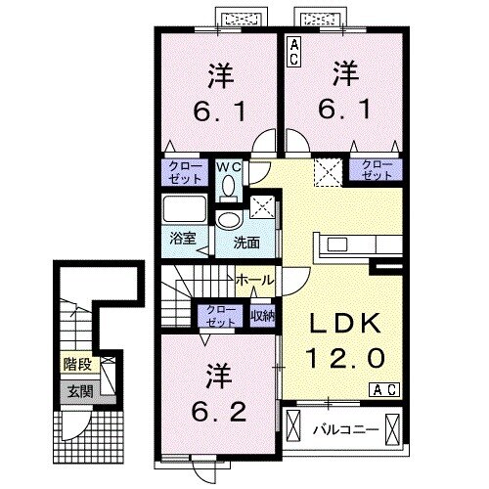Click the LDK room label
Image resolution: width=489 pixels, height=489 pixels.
345,323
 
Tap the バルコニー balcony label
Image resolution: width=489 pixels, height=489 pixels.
346,430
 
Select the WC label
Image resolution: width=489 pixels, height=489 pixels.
229,167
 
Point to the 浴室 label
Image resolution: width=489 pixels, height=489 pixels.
183,239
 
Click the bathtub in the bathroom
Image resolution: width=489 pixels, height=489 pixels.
185,209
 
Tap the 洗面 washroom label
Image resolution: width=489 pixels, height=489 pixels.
246,243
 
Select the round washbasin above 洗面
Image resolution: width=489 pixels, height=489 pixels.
229,220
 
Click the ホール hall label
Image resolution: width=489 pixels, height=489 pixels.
255,280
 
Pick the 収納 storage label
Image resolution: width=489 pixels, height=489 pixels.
263,315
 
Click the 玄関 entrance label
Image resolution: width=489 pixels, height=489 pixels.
80,391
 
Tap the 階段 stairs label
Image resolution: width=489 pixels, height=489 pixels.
77,364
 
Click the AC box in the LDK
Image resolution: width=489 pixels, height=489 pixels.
384,390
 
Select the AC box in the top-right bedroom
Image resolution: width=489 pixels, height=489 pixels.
293,52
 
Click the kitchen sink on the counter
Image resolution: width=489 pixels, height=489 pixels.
337,244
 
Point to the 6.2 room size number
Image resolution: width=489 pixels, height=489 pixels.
218,414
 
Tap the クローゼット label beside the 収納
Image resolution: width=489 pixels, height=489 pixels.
221,316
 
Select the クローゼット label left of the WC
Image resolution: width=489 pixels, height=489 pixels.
185,172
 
